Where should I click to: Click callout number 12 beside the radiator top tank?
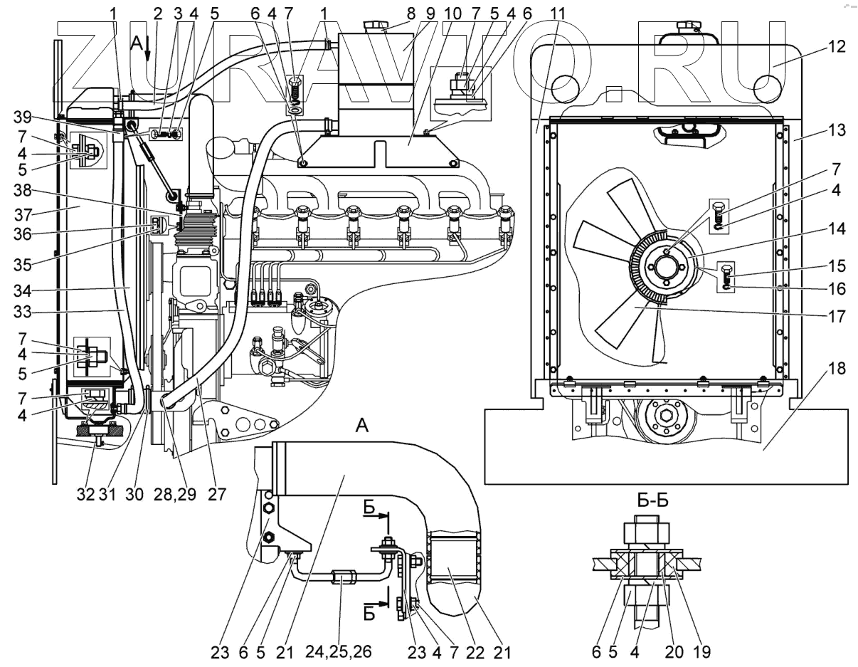click(837, 46)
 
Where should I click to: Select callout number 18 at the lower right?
click(837, 369)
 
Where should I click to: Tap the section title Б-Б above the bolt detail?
click(653, 500)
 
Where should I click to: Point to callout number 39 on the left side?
click(22, 117)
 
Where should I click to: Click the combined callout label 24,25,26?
click(339, 651)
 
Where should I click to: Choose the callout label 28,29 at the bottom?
click(174, 494)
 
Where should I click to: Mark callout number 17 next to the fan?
click(837, 316)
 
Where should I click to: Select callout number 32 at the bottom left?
click(85, 494)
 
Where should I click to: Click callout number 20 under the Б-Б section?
click(674, 652)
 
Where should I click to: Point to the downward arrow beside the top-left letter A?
click(147, 49)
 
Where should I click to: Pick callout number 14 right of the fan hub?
click(837, 229)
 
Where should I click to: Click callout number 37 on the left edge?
click(22, 215)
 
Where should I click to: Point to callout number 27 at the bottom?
click(217, 494)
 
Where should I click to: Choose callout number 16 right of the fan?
click(837, 289)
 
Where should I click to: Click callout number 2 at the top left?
click(157, 14)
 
